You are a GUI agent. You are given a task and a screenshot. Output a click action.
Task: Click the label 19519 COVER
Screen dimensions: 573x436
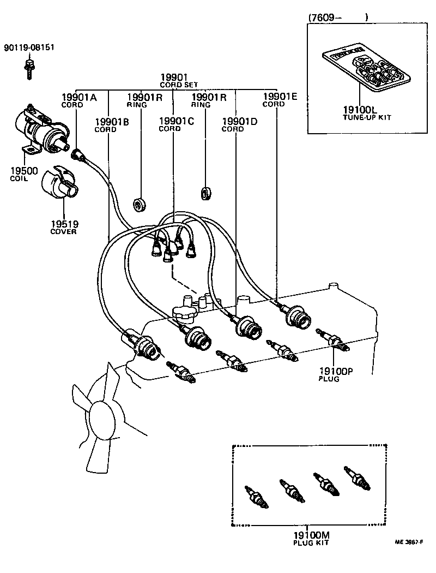64,228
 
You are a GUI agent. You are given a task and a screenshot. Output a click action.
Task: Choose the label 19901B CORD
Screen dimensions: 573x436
111,125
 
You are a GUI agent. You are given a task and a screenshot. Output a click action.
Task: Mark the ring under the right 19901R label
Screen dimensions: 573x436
207,192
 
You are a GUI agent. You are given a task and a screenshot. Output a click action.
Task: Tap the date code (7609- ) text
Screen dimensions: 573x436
338,17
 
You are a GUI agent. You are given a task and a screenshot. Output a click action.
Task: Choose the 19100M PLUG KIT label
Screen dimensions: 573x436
311,539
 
